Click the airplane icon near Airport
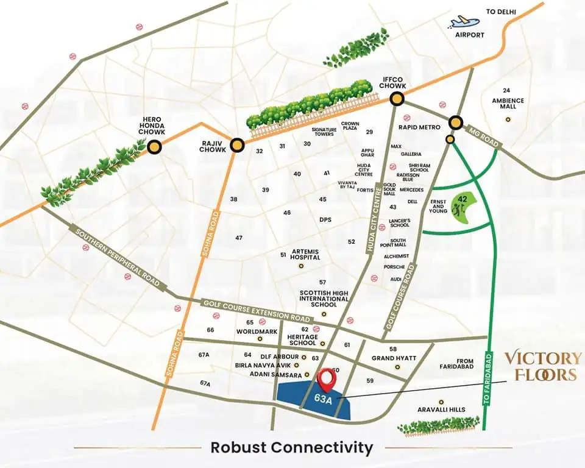coord(464,21)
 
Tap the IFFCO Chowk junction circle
coord(398,99)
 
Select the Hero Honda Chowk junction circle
coord(155,146)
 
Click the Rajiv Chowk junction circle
coord(237,144)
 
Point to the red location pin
coord(328,379)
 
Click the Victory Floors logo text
coord(539,366)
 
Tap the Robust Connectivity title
coord(292,447)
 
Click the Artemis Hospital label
coord(306,254)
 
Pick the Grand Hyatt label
coord(394,358)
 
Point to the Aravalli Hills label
coord(442,409)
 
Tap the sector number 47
coord(239,238)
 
